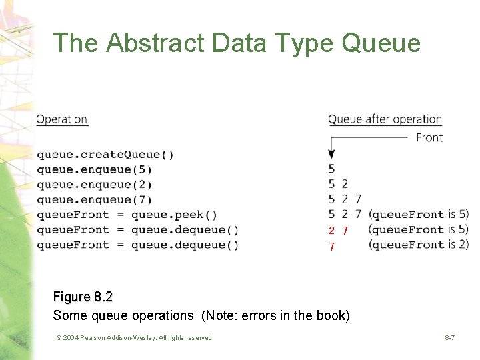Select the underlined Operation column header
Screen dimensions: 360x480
[x=62, y=119]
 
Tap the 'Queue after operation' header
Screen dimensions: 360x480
[x=385, y=119]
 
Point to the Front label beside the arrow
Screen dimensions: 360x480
[x=429, y=137]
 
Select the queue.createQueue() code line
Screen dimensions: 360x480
[x=105, y=155]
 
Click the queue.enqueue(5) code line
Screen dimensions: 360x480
[x=94, y=169]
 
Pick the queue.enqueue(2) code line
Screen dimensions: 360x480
[x=94, y=185]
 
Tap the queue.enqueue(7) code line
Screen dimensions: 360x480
[x=94, y=200]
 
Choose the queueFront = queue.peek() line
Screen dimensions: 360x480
[x=127, y=215]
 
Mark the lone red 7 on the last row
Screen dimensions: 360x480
[x=331, y=247]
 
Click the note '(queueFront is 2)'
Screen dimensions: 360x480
[x=419, y=245]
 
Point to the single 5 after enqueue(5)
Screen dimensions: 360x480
[x=332, y=169]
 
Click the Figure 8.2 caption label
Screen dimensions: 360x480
[x=83, y=297]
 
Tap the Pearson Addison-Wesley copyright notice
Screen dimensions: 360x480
[x=134, y=338]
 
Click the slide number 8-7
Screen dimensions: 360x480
[x=450, y=338]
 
